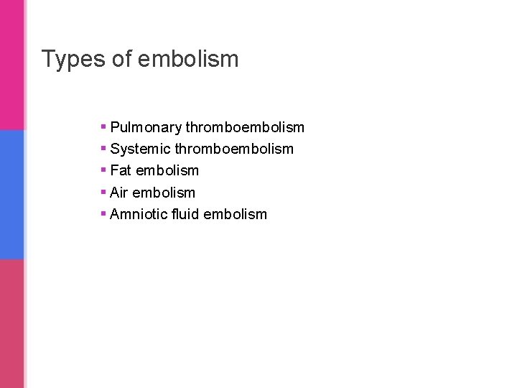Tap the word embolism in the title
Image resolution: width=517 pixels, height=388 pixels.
(188, 59)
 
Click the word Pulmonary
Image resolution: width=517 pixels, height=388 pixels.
(146, 128)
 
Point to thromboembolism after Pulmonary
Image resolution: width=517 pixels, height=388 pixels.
(245, 128)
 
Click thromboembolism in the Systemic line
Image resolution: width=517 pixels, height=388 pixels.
(234, 149)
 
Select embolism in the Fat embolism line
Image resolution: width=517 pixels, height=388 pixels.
(167, 171)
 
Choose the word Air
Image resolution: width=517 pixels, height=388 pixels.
(119, 193)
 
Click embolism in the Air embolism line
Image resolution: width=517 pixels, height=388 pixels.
(164, 193)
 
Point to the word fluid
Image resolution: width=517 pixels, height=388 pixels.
(185, 214)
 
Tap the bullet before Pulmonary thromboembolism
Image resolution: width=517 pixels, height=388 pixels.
(104, 127)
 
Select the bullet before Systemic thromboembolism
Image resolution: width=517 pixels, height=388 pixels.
(104, 149)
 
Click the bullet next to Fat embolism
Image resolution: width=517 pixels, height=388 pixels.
(104, 170)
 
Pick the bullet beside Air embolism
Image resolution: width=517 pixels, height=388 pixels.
(104, 192)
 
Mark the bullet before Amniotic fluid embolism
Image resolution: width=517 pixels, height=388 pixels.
(104, 213)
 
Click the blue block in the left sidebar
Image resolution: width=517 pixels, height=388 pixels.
(11, 194)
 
